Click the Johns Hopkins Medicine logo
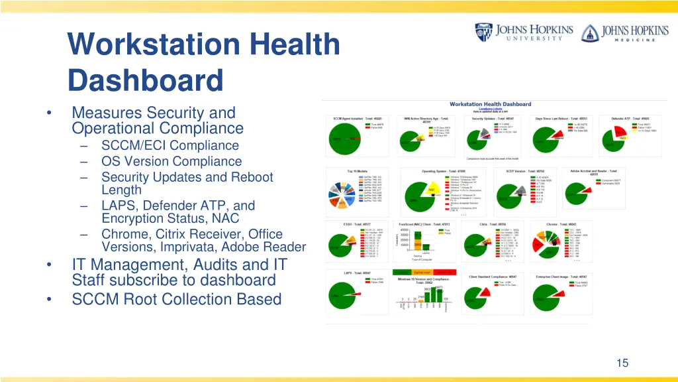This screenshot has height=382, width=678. [x=618, y=32]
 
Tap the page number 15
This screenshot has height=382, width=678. [x=622, y=363]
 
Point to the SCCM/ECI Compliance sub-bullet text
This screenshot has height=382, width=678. [x=169, y=145]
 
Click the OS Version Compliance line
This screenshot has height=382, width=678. [x=171, y=161]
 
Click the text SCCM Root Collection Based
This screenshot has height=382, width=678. [x=177, y=299]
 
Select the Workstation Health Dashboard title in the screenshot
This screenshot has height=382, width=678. [x=490, y=104]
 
